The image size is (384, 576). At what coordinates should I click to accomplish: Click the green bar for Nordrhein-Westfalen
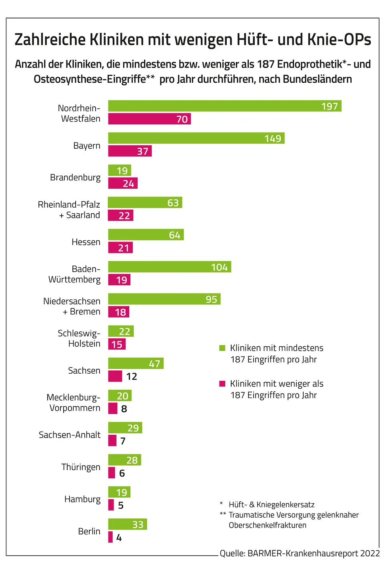point(224,106)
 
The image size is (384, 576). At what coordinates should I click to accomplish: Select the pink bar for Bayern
point(130,151)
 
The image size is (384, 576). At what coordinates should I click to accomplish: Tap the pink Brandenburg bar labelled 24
point(122,183)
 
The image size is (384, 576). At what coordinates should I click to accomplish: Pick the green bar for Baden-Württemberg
point(169,267)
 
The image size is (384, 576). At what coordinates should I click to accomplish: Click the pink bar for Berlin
point(110,537)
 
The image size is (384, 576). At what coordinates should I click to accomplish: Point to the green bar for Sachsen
point(136,363)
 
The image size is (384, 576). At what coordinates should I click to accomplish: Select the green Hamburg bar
point(119,492)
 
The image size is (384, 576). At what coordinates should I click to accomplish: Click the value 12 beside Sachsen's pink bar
point(132,376)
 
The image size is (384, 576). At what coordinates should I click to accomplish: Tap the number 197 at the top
point(330,106)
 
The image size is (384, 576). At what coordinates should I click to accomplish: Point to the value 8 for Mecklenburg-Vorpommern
point(124,409)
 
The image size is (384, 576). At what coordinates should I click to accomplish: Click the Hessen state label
point(86,242)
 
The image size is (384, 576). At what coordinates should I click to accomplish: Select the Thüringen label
point(81,467)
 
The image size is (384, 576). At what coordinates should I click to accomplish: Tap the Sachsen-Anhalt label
point(70,435)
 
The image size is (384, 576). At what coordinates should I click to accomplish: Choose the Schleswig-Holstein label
point(79,338)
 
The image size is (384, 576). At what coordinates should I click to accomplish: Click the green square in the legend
point(222,348)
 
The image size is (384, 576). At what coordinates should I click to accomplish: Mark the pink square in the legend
point(222,384)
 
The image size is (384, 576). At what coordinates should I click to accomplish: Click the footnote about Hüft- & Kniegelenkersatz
point(271,505)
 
